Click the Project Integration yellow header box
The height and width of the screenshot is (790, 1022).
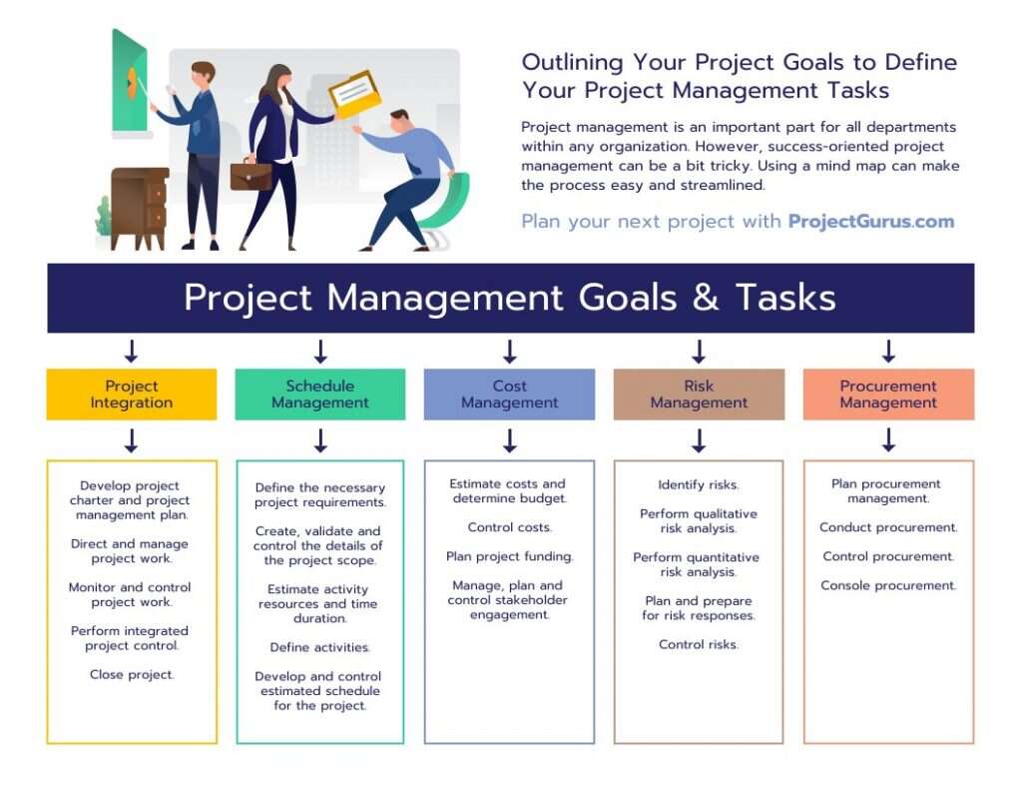tap(131, 395)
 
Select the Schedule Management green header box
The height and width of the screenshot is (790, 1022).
tap(320, 395)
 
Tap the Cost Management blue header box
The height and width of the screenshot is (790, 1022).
tap(509, 395)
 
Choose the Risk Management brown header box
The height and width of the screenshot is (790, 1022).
tap(699, 395)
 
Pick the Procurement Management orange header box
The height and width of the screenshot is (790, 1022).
tap(888, 395)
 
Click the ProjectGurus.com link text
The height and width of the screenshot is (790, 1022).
tap(870, 222)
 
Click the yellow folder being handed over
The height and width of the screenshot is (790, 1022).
tap(355, 94)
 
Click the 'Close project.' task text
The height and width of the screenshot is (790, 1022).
tap(131, 674)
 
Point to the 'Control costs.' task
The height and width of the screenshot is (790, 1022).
tap(509, 527)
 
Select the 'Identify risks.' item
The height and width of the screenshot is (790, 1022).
tap(699, 485)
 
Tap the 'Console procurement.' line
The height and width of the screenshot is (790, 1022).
tap(888, 585)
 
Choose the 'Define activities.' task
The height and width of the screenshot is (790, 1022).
tap(320, 647)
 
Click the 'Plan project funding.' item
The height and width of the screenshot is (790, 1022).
tap(509, 556)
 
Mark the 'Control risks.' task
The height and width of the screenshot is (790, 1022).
tap(699, 644)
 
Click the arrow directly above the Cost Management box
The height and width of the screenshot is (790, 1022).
tap(509, 351)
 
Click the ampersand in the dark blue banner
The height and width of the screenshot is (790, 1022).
tap(706, 298)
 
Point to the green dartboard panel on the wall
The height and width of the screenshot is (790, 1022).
tap(130, 85)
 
